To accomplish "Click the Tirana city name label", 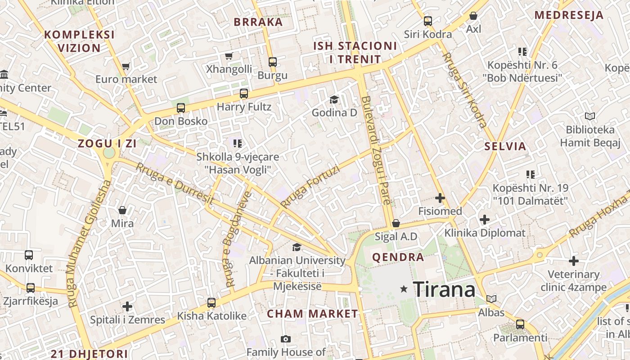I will pos(444,289).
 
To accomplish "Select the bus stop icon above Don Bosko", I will pos(180,108).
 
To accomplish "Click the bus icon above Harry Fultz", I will pos(243,94).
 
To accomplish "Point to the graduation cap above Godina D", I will pos(334,99).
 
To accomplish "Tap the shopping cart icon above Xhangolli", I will pos(229,56).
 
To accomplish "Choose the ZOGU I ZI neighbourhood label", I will pos(107,144).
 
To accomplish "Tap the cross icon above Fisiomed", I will pos(440,198).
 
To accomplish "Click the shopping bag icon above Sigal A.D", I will pos(396,223).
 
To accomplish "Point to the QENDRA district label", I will pos(398,257).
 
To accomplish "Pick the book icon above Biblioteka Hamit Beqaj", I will pos(589,117).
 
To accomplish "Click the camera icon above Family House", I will pos(285,339).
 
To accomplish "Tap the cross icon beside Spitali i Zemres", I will pos(127,306).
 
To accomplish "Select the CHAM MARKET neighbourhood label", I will pos(312,314).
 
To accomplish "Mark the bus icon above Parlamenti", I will pos(520,324).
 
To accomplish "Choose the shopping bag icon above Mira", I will pos(122,210).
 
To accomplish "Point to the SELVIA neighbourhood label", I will pos(505,146).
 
